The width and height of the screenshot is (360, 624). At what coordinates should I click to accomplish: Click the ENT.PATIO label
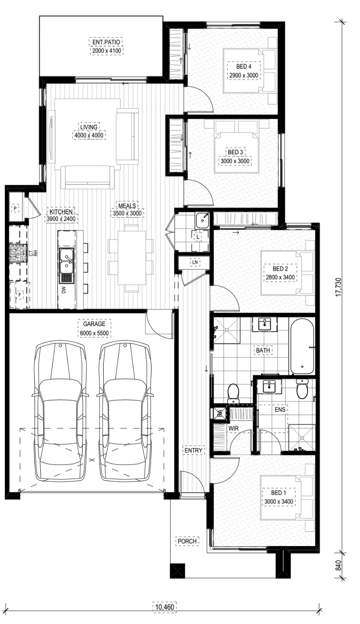[x=106, y=42]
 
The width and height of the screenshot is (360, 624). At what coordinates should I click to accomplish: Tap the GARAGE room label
[x=94, y=324]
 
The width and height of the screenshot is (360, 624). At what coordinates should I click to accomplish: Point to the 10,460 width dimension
[x=164, y=606]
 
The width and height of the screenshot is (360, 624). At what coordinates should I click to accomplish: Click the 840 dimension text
[x=338, y=565]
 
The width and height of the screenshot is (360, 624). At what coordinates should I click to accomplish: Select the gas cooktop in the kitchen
[x=18, y=253]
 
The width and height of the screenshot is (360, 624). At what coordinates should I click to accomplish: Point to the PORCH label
[x=187, y=541]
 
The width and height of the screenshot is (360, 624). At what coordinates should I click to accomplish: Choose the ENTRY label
[x=193, y=450]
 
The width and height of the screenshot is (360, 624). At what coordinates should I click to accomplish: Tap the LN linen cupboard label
[x=195, y=262]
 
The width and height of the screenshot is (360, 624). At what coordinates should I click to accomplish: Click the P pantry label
[x=15, y=208]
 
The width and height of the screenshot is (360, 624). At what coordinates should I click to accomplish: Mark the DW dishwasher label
[x=63, y=290]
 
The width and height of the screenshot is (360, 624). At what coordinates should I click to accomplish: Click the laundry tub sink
[x=202, y=221]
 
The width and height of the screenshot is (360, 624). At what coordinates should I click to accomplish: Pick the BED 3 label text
[x=235, y=152]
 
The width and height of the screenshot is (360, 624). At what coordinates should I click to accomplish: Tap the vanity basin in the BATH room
[x=264, y=324]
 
